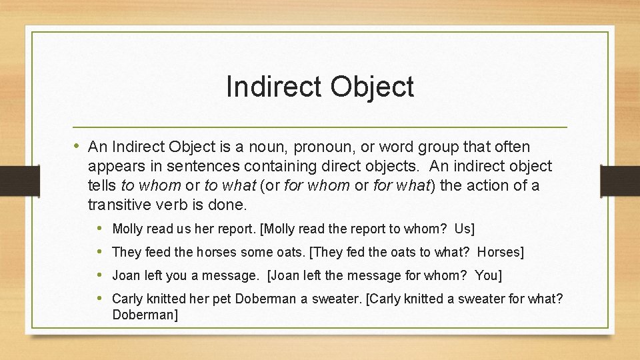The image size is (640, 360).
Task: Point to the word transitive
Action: [121, 204]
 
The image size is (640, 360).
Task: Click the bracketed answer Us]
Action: [464, 229]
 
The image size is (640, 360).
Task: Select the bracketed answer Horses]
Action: [501, 252]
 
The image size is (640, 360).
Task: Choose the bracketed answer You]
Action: [488, 275]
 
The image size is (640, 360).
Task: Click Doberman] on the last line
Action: [145, 314]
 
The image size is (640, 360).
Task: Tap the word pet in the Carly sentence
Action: [223, 299]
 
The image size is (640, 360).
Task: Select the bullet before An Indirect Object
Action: [78, 146]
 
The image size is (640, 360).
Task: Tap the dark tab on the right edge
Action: [620, 181]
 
